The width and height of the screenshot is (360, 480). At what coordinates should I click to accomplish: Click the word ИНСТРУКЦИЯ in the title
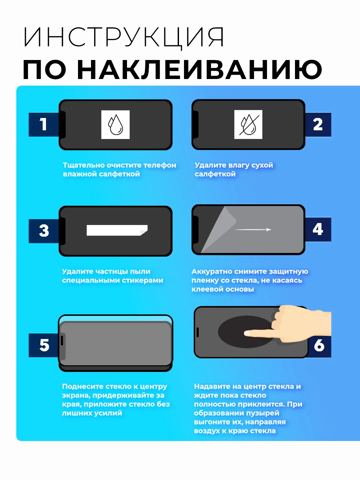[x=123, y=37]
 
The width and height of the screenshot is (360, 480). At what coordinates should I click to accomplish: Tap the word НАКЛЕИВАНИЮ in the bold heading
[x=200, y=69]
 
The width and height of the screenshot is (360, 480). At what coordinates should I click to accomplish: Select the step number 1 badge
[x=44, y=124]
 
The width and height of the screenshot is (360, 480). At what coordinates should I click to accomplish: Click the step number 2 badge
[x=318, y=124]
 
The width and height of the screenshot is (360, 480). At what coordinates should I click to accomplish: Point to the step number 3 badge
[x=44, y=231]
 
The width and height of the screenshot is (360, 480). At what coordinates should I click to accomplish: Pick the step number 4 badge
[x=318, y=229]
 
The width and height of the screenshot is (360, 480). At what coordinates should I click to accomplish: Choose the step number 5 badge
[x=44, y=345]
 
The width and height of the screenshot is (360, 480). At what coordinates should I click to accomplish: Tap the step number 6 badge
[x=319, y=346]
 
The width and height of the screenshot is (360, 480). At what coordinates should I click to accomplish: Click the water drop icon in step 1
[x=115, y=125]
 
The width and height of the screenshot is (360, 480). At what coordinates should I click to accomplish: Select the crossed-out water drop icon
[x=248, y=124]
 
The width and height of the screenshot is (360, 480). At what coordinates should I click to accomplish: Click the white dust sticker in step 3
[x=117, y=230]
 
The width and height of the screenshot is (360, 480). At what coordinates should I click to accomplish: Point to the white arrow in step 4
[x=253, y=229]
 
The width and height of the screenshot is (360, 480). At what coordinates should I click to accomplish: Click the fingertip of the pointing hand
[x=246, y=333]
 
